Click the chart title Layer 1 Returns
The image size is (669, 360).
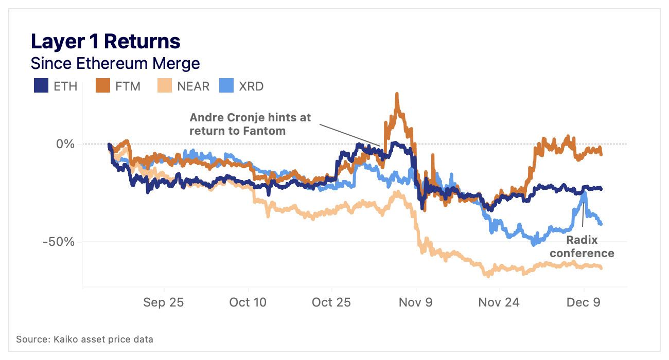105,41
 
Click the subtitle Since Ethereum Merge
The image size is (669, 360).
115,64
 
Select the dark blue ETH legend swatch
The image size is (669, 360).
41,86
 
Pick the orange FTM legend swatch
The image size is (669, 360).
103,86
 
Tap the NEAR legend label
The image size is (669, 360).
193,86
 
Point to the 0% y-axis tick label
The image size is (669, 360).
65,144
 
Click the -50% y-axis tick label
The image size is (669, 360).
59,242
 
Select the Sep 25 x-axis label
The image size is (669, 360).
164,302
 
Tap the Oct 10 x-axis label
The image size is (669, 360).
248,302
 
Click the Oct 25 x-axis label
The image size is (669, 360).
331,302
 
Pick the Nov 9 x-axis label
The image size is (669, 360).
416,302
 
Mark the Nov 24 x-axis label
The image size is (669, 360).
499,302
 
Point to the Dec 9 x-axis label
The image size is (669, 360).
584,302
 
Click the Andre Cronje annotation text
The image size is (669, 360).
250,124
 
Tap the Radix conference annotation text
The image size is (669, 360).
590,246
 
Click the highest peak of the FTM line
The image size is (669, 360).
397,95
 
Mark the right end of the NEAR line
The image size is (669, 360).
601,267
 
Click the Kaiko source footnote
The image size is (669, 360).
84,339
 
